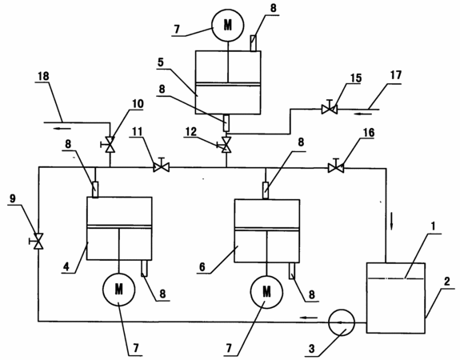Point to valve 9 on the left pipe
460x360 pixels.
pos(38,241)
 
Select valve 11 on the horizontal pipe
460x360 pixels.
pos(162,167)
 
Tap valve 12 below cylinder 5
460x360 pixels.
pos(226,145)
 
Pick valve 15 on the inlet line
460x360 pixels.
pos(330,109)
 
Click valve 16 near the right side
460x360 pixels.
pos(336,168)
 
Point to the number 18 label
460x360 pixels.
pos(43,76)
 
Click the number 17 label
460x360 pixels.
pos(395,75)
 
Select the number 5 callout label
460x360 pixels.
pos(161,62)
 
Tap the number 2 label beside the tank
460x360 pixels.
pos(446,282)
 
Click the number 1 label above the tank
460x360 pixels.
pos(433,226)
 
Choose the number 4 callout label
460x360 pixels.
pos(66,266)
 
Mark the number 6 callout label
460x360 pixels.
pos(202,267)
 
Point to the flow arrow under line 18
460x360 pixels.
pos(62,128)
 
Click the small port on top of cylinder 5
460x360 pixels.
pos(254,43)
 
